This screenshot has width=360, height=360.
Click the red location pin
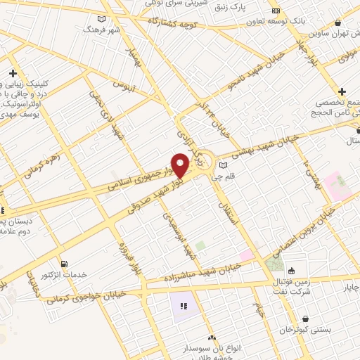click(180, 165)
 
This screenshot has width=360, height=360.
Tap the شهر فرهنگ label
click(98, 30)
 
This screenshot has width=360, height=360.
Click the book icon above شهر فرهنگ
click(103, 18)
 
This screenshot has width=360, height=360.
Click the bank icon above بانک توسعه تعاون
click(276, 11)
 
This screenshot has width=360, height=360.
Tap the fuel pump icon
click(64, 264)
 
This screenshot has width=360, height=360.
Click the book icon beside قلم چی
click(223, 166)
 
